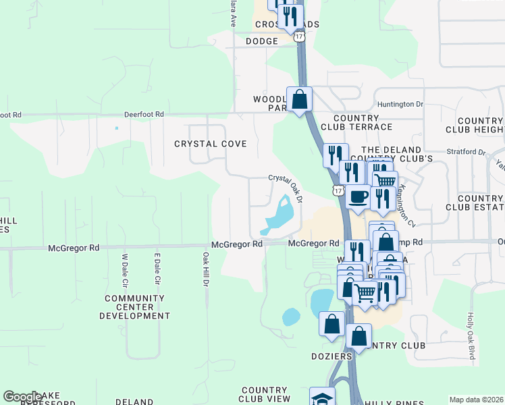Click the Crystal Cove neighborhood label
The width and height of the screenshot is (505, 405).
(x=211, y=144)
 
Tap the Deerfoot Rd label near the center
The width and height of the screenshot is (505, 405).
(x=144, y=115)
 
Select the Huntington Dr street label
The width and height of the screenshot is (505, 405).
(x=400, y=105)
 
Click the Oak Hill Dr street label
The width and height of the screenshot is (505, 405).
(x=205, y=269)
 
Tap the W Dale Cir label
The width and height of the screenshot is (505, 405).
(x=124, y=269)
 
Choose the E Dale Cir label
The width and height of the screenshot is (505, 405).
(x=157, y=269)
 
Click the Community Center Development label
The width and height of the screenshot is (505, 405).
(x=135, y=306)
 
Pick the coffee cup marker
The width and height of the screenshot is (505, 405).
(x=358, y=196)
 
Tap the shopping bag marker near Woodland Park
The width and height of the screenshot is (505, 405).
(x=299, y=100)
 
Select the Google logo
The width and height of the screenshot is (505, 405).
(x=22, y=397)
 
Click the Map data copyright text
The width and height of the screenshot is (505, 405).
(x=476, y=400)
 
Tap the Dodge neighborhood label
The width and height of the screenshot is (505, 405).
(x=262, y=41)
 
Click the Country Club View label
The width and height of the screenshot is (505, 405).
(x=265, y=394)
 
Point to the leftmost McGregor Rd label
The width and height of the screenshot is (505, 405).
(x=74, y=248)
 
